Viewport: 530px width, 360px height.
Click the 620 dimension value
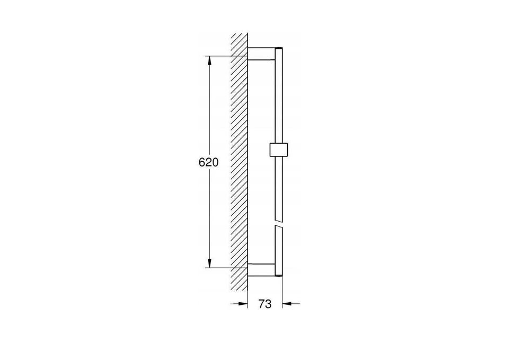point(209,163)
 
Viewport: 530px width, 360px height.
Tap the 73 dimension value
point(265,304)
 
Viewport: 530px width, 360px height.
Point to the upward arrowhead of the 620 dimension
point(210,60)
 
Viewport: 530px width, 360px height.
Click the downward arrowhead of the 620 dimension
point(210,264)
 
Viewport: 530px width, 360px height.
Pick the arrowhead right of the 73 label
point(287,304)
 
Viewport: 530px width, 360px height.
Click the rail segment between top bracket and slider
point(278,101)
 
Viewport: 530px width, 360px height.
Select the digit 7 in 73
point(262,304)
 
